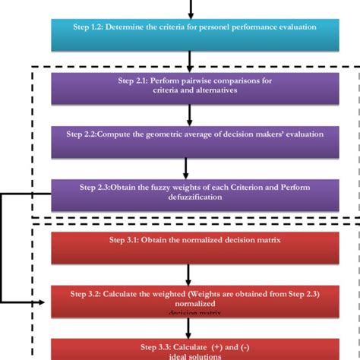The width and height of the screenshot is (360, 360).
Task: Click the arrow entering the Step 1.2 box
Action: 191,8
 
